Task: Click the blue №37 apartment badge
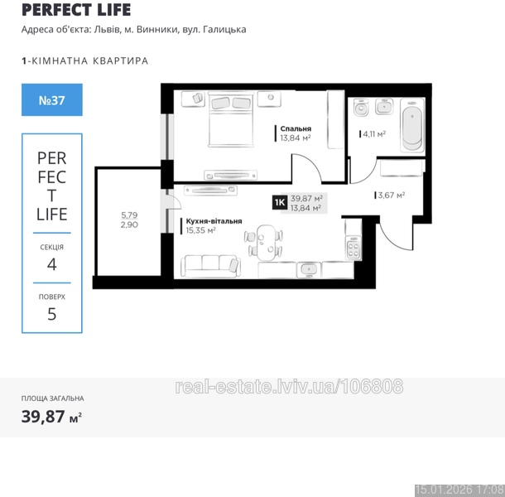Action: point(52,100)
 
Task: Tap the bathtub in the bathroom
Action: point(412,126)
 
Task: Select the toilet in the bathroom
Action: point(361,108)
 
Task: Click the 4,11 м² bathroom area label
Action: point(374,133)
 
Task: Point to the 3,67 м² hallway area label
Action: point(392,195)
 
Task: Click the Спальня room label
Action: point(296,128)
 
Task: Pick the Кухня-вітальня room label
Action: point(214,221)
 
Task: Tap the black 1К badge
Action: point(280,202)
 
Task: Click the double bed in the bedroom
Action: point(231,119)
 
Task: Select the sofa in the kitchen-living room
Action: point(210,267)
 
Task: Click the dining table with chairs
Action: point(263,243)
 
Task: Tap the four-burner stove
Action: point(353,248)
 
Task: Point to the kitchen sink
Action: point(309,269)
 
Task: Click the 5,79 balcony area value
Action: point(129,215)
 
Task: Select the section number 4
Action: point(52,264)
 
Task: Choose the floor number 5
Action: point(52,314)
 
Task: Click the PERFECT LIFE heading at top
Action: point(76,10)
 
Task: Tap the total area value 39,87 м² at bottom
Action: point(51,417)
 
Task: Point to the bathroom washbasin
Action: point(384,106)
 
